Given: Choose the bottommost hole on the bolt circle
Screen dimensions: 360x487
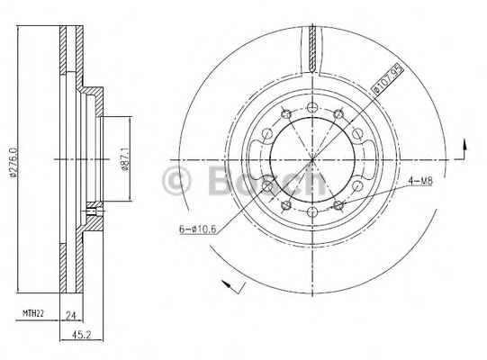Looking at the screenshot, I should (x=311, y=213).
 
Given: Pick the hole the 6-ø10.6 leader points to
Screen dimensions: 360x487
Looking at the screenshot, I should (x=269, y=186).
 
